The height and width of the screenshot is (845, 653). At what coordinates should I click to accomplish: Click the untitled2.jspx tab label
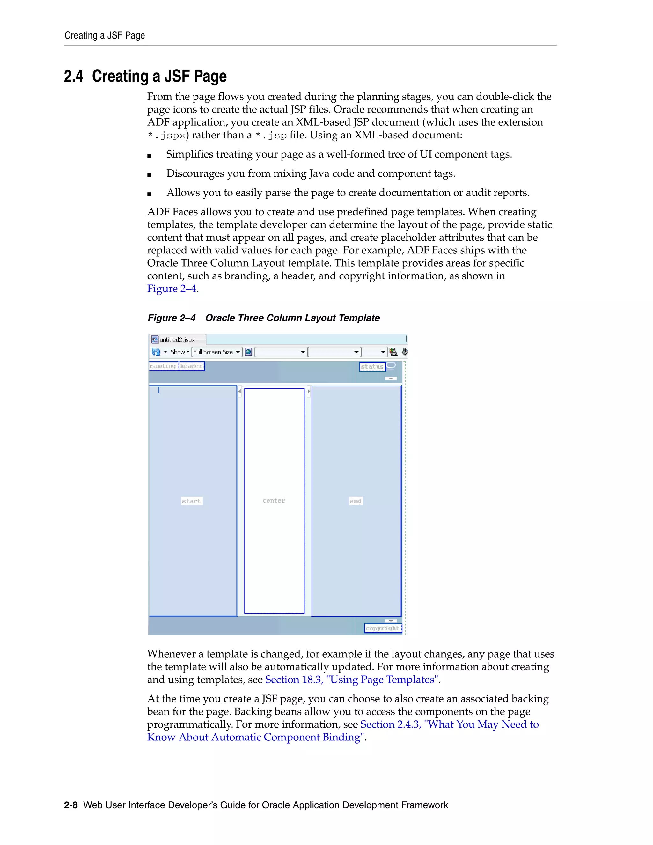coord(177,340)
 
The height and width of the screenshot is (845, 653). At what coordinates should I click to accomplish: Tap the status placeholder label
coord(372,366)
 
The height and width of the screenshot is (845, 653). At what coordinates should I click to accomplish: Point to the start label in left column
coord(192,501)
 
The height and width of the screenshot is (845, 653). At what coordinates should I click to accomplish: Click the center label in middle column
coord(274,501)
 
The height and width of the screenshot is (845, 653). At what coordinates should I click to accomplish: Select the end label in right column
coord(356,501)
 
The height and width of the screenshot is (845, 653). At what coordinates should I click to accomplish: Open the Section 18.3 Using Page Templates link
coord(351,680)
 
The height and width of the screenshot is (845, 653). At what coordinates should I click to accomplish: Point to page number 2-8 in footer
coord(71,805)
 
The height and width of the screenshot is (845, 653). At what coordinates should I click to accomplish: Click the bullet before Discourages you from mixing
coord(149,175)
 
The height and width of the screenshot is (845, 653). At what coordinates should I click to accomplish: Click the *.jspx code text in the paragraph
coord(166,136)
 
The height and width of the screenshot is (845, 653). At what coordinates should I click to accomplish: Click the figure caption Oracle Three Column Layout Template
coord(292,318)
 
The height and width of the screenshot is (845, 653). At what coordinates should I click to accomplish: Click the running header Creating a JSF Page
coord(105,36)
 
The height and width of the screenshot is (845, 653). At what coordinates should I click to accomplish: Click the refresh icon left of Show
coord(156,352)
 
